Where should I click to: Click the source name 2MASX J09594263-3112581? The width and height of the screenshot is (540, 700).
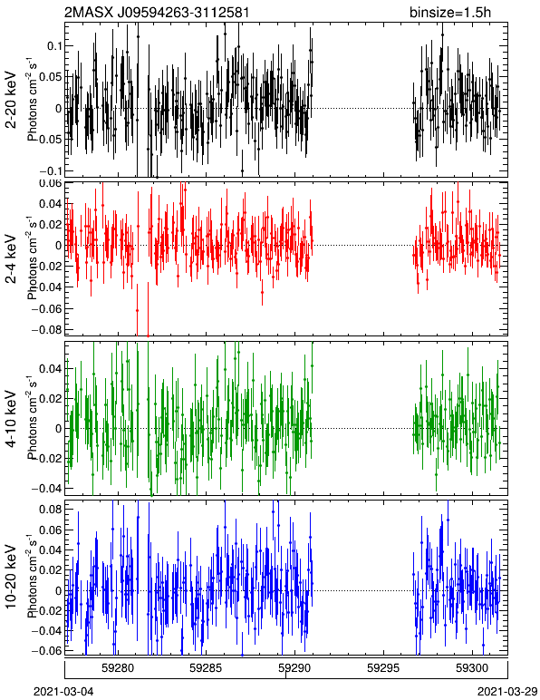click(x=157, y=12)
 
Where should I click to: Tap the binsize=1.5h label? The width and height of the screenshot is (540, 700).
click(x=450, y=12)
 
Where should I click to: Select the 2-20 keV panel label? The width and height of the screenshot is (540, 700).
click(x=11, y=100)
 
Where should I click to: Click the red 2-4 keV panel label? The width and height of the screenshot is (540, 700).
click(x=11, y=259)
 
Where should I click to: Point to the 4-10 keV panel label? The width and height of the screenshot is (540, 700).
click(x=11, y=419)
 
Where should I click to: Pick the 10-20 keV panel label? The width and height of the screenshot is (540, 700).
click(x=11, y=577)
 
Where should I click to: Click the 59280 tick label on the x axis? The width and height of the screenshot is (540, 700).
click(x=118, y=668)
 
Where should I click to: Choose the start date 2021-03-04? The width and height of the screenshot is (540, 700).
click(x=63, y=692)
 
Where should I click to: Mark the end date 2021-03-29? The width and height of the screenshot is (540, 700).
click(x=507, y=692)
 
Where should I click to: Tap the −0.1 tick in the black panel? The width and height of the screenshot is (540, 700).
click(x=50, y=171)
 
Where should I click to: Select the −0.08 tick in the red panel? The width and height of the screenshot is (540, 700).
click(x=47, y=329)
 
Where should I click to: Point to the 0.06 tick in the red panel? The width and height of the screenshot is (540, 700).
click(x=50, y=183)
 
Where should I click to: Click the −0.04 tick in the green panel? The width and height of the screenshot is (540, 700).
click(x=47, y=488)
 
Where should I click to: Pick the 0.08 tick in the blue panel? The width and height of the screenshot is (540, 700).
click(x=50, y=509)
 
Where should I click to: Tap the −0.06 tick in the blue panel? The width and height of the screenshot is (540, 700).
click(x=47, y=650)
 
